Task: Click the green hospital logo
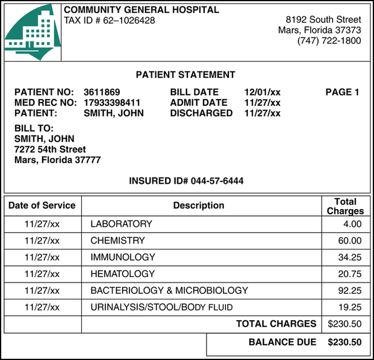(x=32, y=32)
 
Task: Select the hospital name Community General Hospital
(x=141, y=10)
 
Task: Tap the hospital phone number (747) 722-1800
(x=329, y=41)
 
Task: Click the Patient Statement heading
(x=185, y=75)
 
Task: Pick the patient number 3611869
(x=102, y=92)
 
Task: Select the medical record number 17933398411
(x=112, y=103)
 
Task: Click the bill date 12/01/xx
(x=262, y=92)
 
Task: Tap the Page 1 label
(x=342, y=92)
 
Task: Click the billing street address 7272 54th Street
(x=49, y=149)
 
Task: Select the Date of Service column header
(x=42, y=206)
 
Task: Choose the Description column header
(x=199, y=206)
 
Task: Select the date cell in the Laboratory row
(x=42, y=224)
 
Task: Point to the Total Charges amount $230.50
(x=345, y=324)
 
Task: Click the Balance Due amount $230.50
(x=345, y=342)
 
